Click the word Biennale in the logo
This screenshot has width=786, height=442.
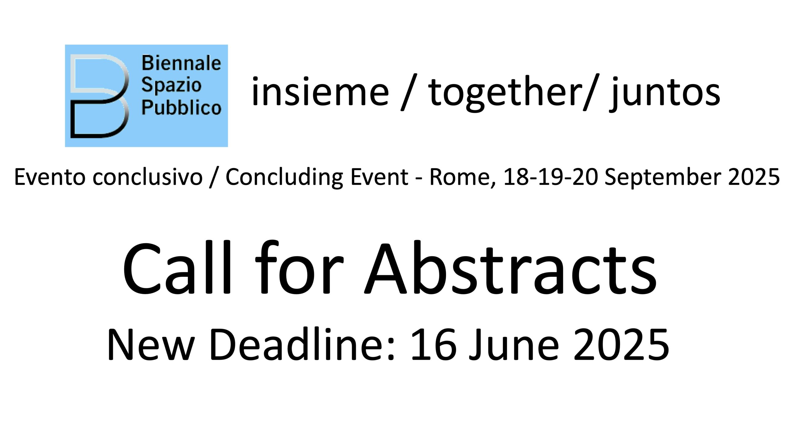click(181, 63)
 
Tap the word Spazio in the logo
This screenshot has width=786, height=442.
click(171, 86)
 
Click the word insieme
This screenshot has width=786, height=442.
click(320, 91)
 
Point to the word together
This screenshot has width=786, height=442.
click(504, 93)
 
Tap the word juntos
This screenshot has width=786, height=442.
click(665, 94)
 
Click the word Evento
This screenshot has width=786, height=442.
click(50, 177)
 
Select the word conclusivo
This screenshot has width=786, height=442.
click(148, 177)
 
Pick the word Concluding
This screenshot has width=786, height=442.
click(284, 178)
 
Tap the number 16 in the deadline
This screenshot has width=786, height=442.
click(433, 345)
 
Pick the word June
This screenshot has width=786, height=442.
click(513, 345)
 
